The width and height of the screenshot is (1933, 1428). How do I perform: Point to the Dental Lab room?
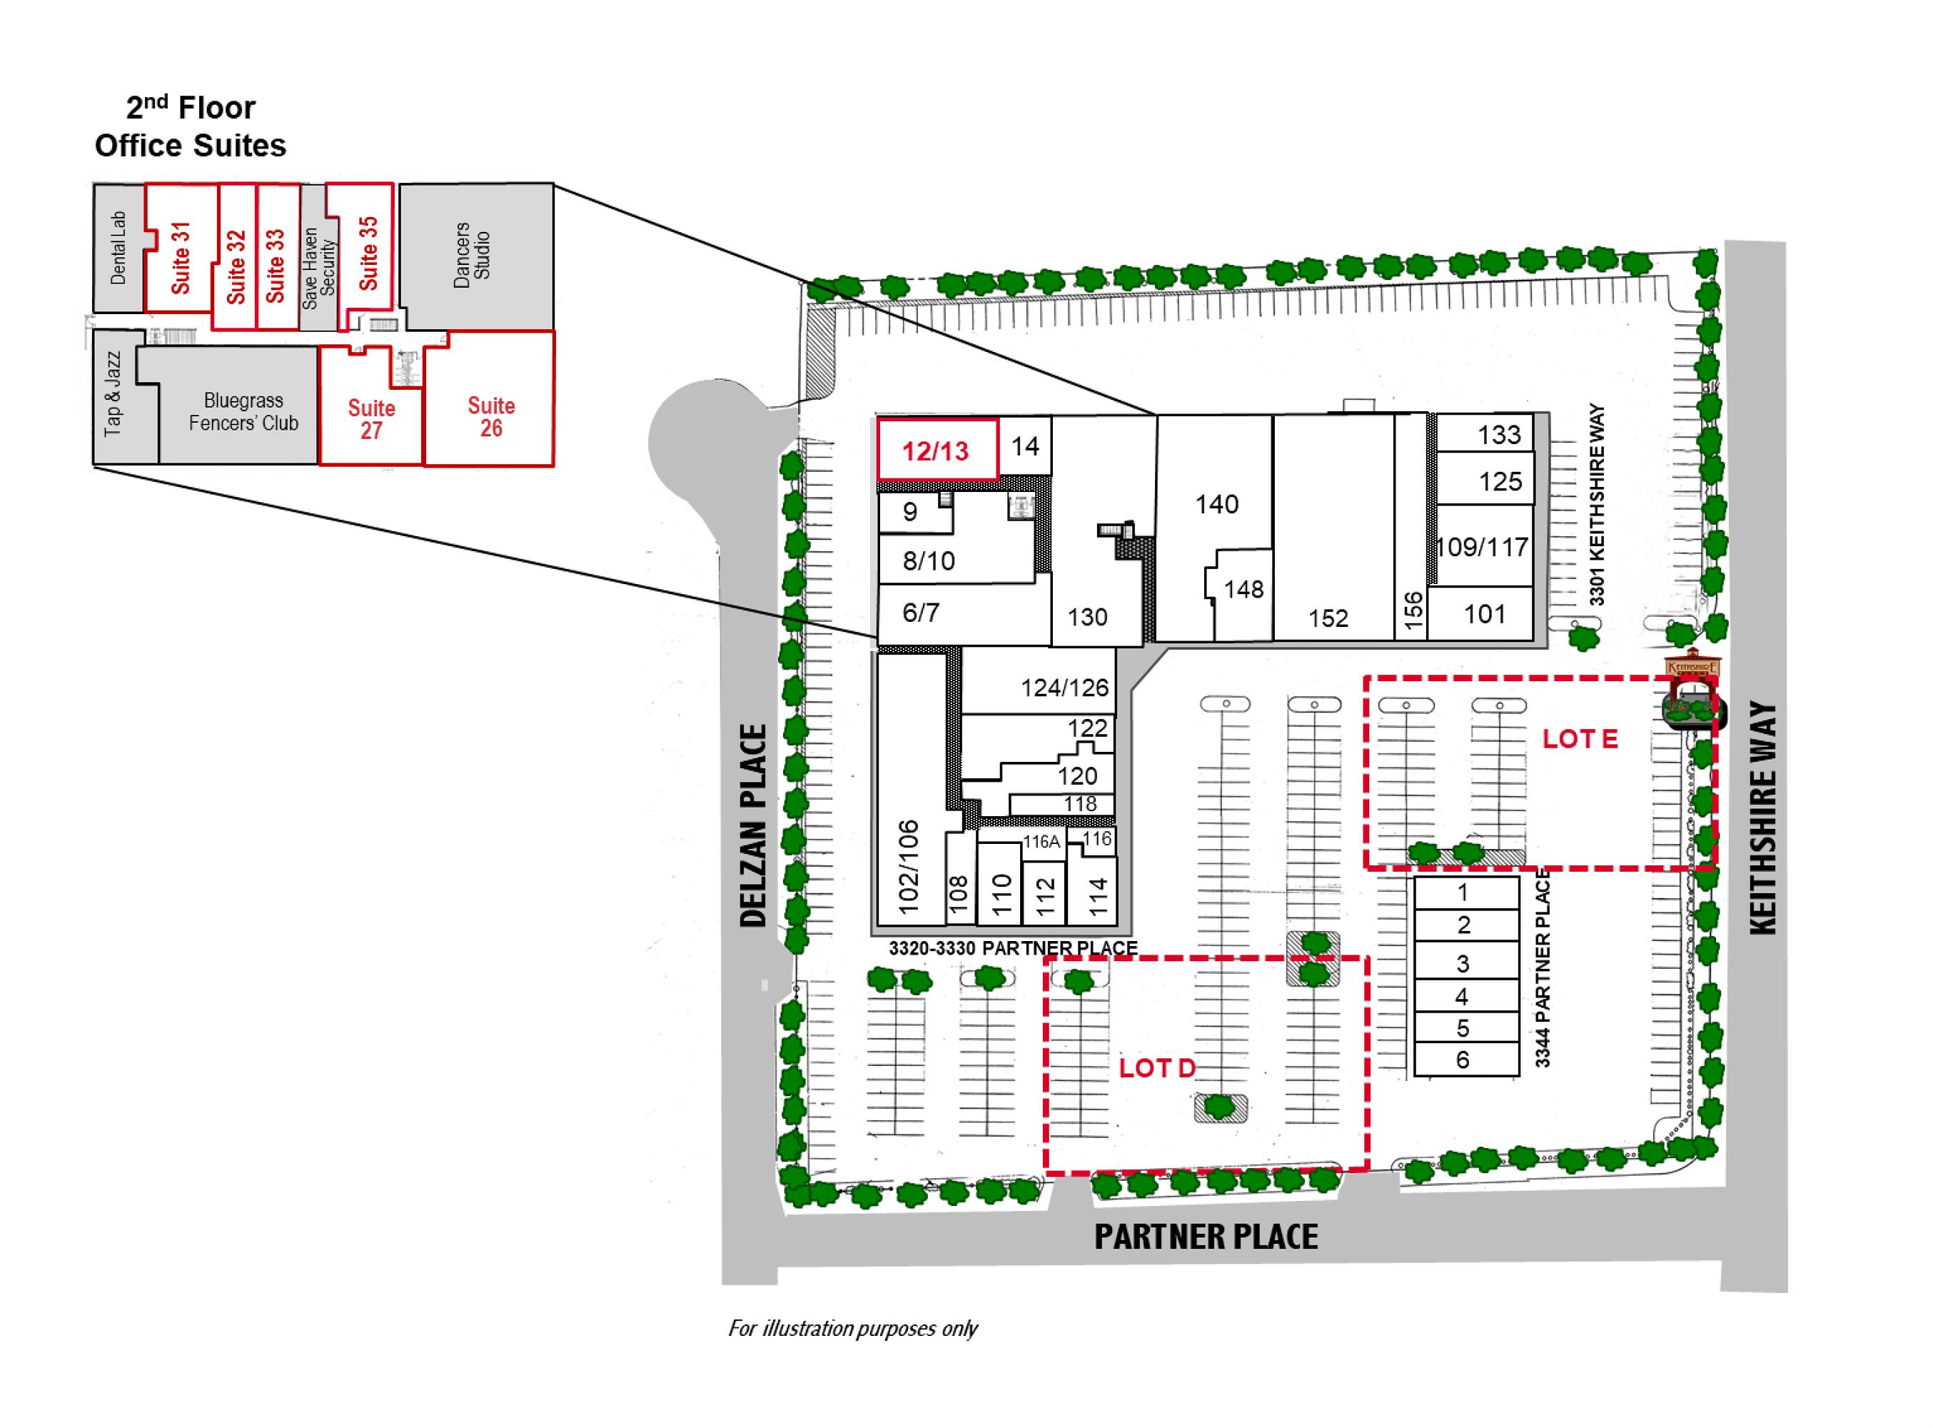pyautogui.click(x=118, y=247)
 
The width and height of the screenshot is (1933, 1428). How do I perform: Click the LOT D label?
pyautogui.click(x=1157, y=1068)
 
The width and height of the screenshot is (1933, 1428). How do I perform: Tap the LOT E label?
pyautogui.click(x=1580, y=739)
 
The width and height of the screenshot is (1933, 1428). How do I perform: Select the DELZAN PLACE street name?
pyautogui.click(x=754, y=825)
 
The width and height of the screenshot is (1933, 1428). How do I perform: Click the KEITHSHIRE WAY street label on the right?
pyautogui.click(x=1763, y=817)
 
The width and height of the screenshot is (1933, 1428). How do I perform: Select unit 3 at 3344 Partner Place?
pyautogui.click(x=1466, y=962)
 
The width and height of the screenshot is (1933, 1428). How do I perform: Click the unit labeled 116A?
pyautogui.click(x=1042, y=842)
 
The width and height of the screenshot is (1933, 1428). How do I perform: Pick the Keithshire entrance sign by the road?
pyautogui.click(x=1692, y=669)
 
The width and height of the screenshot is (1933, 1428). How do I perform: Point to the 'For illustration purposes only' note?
pyautogui.click(x=853, y=1328)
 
